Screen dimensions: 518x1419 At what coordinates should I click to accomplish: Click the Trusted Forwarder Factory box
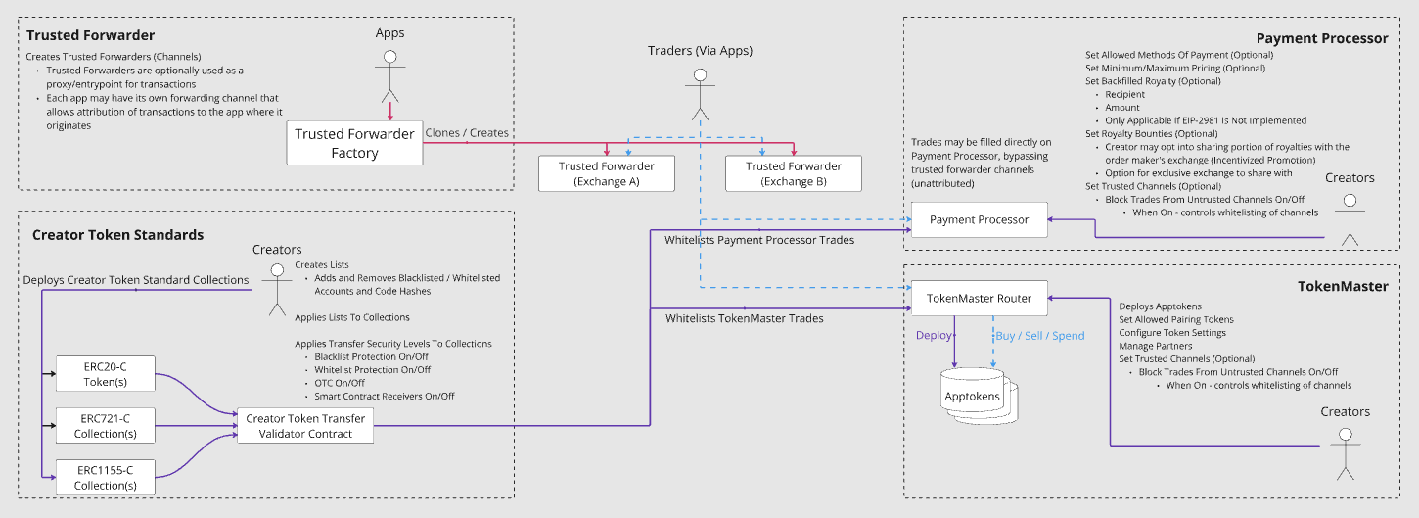click(x=354, y=143)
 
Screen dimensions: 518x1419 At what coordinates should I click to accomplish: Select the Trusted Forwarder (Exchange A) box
click(x=607, y=173)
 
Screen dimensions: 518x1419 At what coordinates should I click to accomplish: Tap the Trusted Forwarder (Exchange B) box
click(x=793, y=173)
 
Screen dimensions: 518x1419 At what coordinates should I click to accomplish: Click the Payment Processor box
click(x=979, y=219)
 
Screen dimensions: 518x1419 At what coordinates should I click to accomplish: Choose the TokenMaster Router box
click(x=979, y=298)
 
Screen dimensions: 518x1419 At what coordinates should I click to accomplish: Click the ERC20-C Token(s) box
click(x=105, y=373)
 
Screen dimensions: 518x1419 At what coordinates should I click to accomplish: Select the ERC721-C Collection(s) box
click(x=105, y=426)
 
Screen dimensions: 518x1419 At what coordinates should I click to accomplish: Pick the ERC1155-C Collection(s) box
click(x=105, y=477)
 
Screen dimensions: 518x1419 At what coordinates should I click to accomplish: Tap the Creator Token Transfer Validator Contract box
click(x=305, y=426)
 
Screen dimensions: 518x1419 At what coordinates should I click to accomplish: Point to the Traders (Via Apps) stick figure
click(x=699, y=95)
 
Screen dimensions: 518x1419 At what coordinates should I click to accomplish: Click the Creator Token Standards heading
click(x=117, y=235)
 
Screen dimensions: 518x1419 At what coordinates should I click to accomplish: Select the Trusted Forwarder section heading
click(x=90, y=35)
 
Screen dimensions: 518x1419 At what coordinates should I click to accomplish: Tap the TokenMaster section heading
click(x=1343, y=286)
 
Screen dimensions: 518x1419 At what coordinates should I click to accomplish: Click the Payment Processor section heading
click(x=1322, y=38)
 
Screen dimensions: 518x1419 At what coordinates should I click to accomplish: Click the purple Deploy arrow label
click(x=933, y=336)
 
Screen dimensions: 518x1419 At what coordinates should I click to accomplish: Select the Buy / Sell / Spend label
click(x=1039, y=336)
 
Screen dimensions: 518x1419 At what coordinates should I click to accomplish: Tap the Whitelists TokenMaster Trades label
click(x=744, y=318)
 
